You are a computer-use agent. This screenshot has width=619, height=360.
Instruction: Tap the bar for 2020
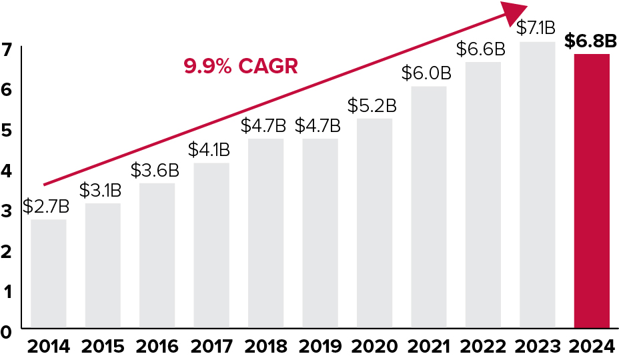[x=374, y=223]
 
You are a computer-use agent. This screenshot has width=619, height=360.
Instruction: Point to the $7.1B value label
[x=536, y=28]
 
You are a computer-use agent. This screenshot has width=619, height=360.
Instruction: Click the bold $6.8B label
[x=590, y=41]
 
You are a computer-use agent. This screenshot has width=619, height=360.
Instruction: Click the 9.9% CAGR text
[x=241, y=67]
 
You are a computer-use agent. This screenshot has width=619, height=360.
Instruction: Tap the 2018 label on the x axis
[x=265, y=347]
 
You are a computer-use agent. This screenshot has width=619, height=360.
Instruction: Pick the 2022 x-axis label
[x=482, y=347]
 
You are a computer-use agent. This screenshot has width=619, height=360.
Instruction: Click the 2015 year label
[x=102, y=347]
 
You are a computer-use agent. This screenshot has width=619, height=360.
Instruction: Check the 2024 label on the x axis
[x=591, y=347]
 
